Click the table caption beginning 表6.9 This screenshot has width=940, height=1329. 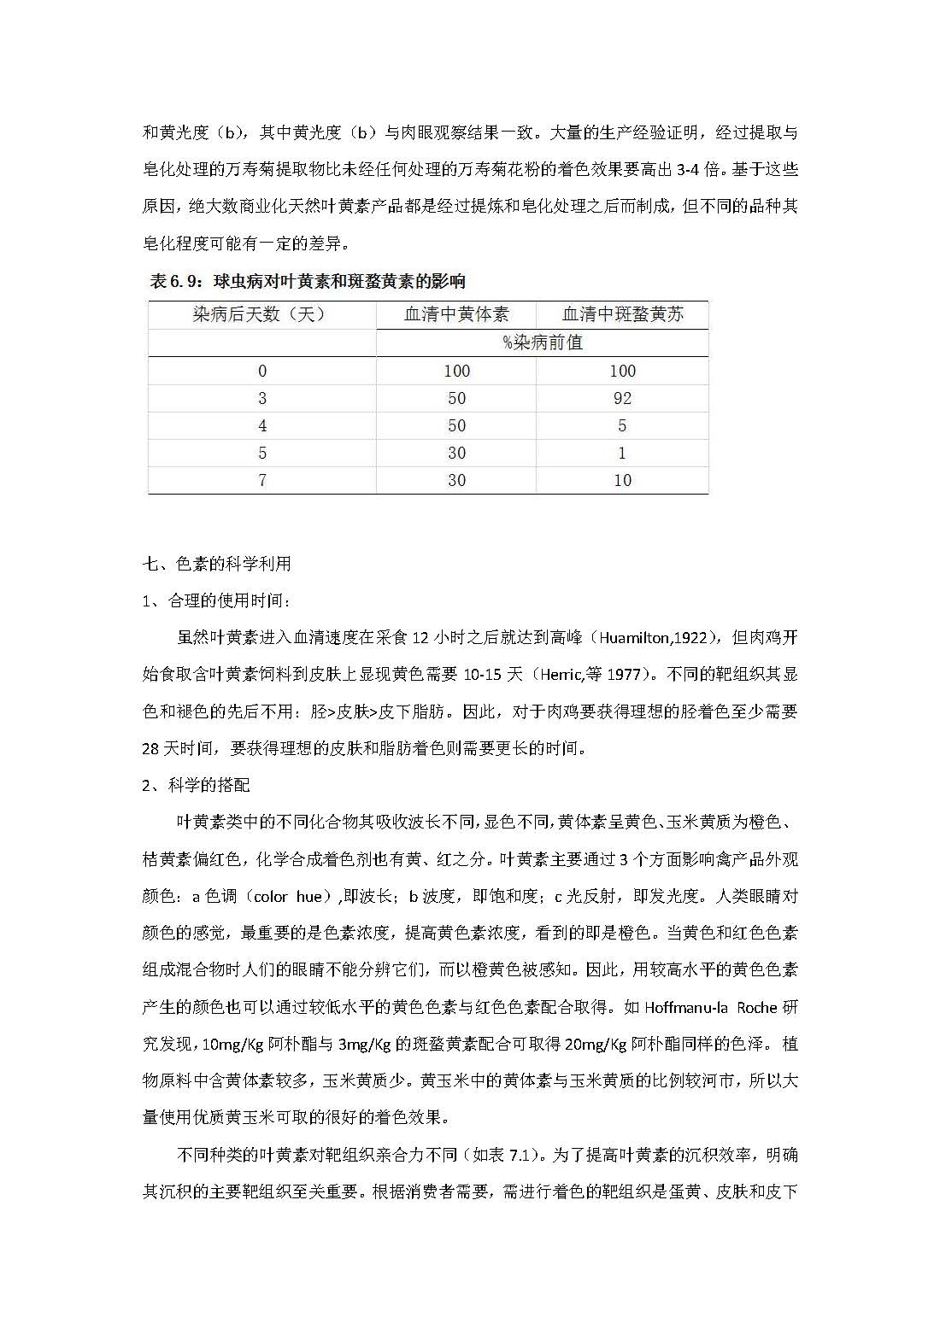tap(307, 281)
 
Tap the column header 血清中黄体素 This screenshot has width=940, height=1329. tap(456, 314)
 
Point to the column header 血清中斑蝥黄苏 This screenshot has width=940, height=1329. tap(622, 314)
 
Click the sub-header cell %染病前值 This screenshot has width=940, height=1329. tap(542, 342)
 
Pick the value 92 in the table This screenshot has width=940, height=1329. tap(622, 398)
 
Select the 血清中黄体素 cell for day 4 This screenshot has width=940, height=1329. tap(456, 425)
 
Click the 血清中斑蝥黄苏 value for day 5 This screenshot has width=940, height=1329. tap(622, 453)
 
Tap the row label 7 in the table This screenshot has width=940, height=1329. tap(262, 480)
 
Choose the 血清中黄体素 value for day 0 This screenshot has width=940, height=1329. tap(456, 371)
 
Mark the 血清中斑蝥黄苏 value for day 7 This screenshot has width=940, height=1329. tap(622, 480)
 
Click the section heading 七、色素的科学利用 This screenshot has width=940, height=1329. tap(216, 564)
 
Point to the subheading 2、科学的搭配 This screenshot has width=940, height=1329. tap(196, 785)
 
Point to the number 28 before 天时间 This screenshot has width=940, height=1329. tap(150, 748)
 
